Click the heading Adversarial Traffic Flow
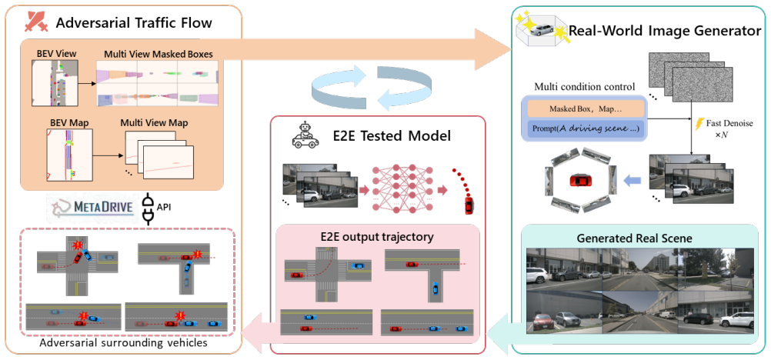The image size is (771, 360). click(134, 22)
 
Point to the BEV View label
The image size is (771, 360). click(51, 54)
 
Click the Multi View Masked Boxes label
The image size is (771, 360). click(159, 54)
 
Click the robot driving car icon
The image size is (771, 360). click(303, 135)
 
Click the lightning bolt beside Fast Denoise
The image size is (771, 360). click(699, 125)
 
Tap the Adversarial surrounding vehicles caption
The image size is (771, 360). click(123, 342)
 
